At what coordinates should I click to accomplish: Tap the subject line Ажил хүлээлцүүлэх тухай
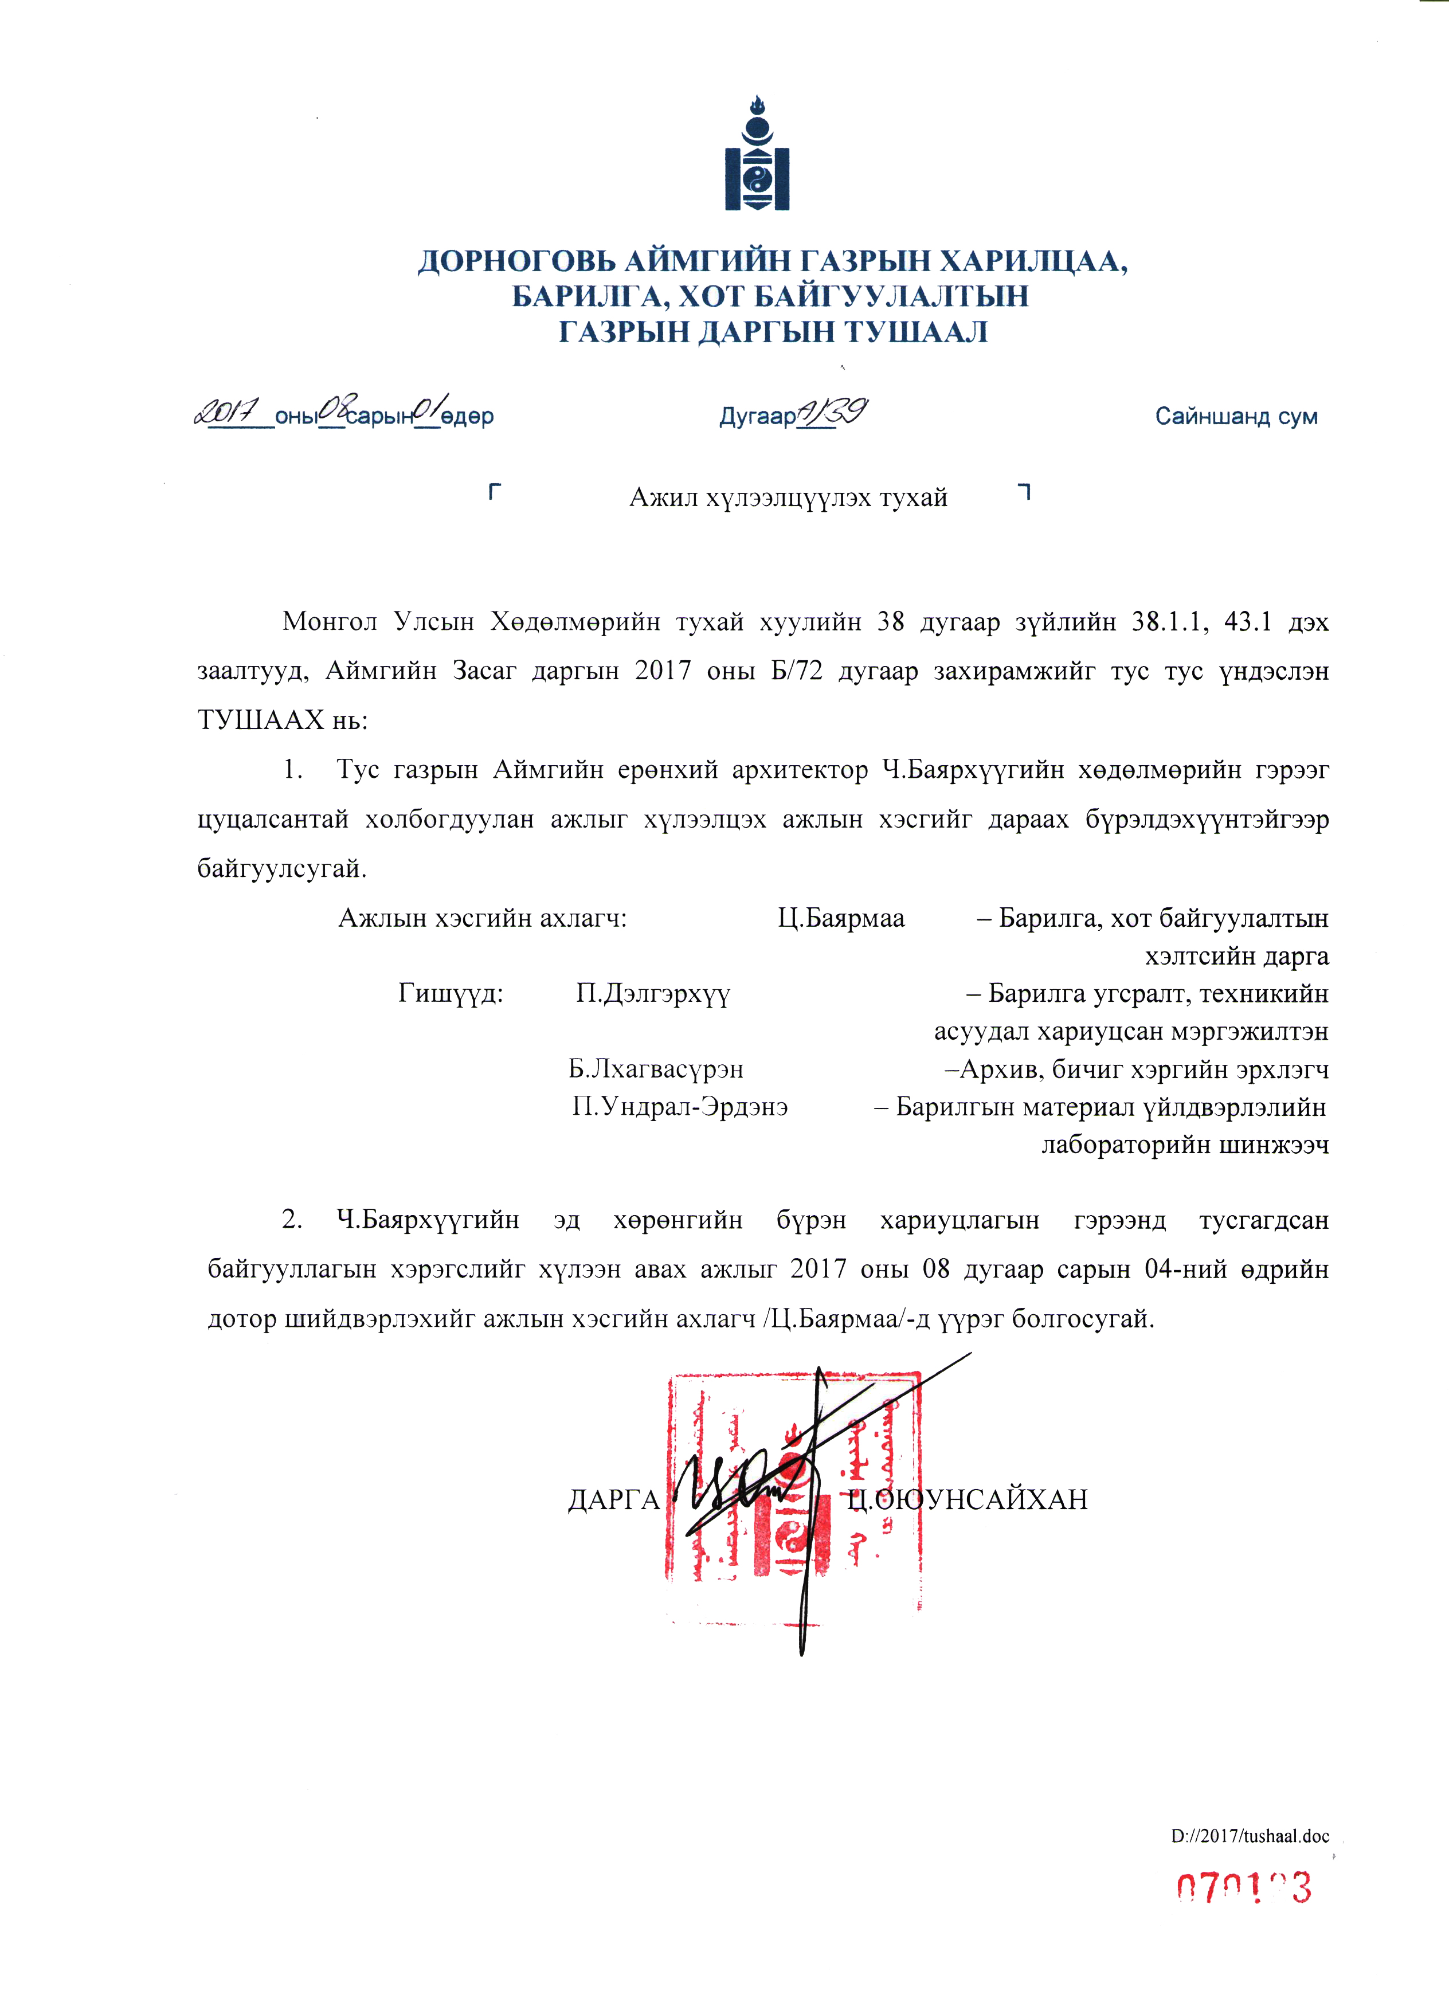click(788, 498)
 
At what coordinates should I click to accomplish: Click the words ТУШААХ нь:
click(282, 720)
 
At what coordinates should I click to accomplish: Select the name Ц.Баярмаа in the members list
click(841, 918)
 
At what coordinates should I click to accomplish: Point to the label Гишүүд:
click(450, 993)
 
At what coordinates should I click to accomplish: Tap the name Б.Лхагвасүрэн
click(656, 1069)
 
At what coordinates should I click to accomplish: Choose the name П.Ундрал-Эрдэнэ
click(680, 1107)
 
